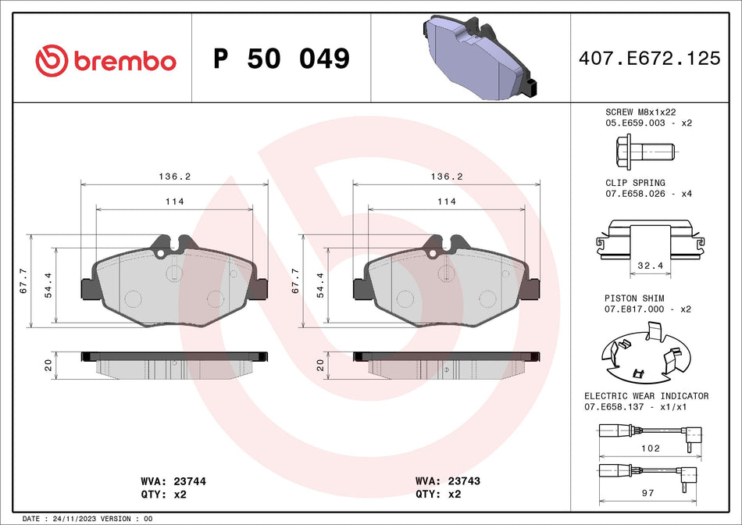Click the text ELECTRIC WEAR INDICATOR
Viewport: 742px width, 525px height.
646,396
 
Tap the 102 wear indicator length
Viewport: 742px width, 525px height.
650,448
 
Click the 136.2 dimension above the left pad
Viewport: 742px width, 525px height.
174,177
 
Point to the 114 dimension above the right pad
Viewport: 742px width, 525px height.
446,202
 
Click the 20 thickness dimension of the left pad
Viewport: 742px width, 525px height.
48,364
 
